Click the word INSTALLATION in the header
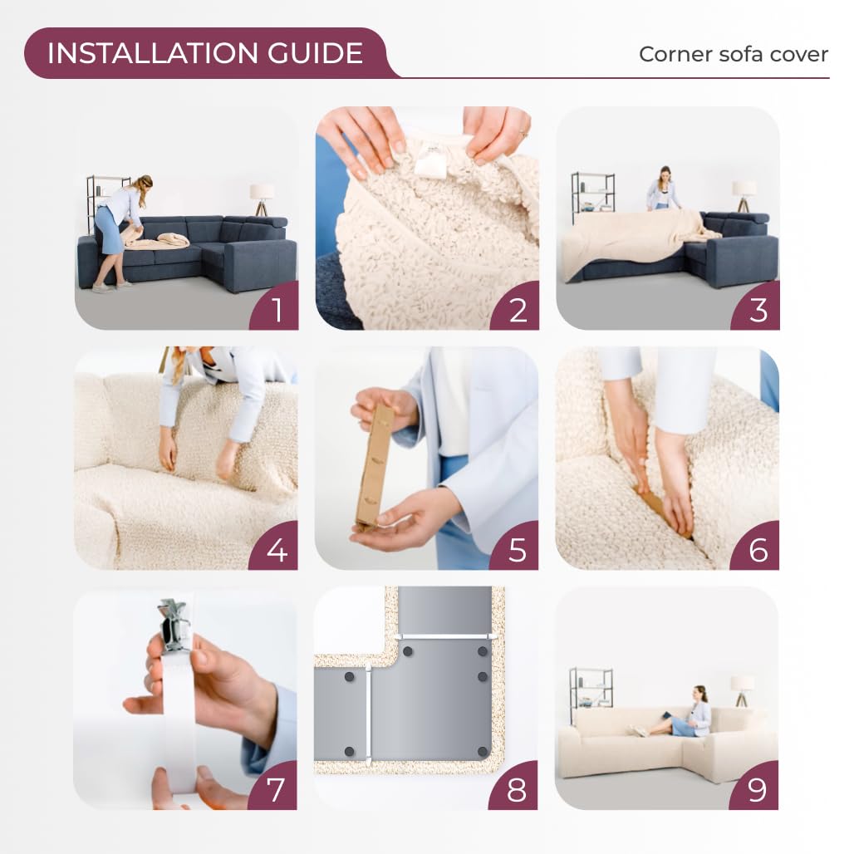(x=153, y=53)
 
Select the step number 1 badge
(x=275, y=307)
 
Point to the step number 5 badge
(x=515, y=547)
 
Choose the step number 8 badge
(x=514, y=787)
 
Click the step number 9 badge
(x=755, y=787)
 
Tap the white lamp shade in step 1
(x=262, y=192)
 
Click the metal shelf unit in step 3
(x=593, y=197)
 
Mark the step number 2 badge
(x=515, y=307)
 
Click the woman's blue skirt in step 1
(x=110, y=230)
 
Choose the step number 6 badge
(x=755, y=547)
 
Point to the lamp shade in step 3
(x=744, y=189)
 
